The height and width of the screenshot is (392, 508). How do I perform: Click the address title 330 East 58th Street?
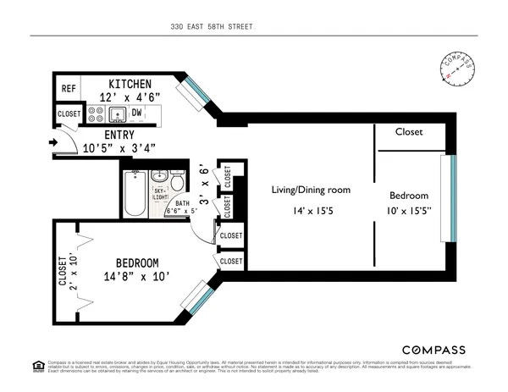click(x=211, y=26)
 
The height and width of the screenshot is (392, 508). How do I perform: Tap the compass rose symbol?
click(x=458, y=68)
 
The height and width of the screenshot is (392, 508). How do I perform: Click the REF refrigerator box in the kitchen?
click(x=68, y=87)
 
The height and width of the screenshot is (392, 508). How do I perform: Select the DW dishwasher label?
click(x=136, y=112)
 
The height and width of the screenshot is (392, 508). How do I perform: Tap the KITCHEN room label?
click(x=130, y=84)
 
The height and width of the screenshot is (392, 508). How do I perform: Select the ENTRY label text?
click(x=119, y=135)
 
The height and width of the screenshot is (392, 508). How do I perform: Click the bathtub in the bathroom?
click(x=135, y=194)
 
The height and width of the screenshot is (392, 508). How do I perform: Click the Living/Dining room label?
click(x=311, y=190)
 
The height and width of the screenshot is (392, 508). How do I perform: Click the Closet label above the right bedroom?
click(x=409, y=132)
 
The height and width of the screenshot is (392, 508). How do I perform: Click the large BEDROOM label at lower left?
click(x=133, y=263)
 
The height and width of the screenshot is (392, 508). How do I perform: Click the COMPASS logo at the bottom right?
click(x=433, y=350)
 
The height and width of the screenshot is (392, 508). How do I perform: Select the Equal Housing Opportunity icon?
click(x=36, y=367)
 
